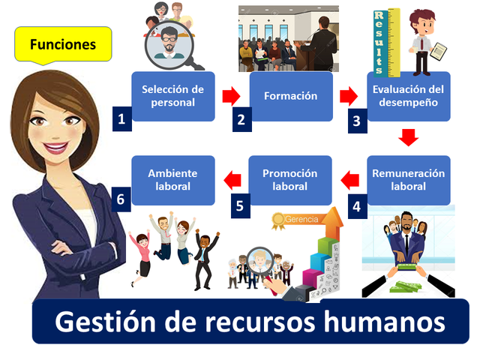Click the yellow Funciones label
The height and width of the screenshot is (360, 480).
tap(63, 45)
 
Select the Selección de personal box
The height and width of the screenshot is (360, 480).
tap(173, 96)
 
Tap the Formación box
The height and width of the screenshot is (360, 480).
tap(290, 96)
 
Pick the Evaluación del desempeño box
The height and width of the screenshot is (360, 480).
tap(409, 96)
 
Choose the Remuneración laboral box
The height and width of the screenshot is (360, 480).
tap(409, 180)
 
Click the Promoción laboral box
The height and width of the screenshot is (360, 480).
tap(290, 180)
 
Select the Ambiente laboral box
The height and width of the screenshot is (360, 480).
tap(173, 180)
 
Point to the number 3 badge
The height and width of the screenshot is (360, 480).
tap(357, 120)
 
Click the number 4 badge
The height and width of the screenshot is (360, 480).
tap(357, 205)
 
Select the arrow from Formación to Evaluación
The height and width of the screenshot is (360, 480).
tap(349, 96)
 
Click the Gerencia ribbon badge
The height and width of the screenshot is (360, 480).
tap(296, 220)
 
